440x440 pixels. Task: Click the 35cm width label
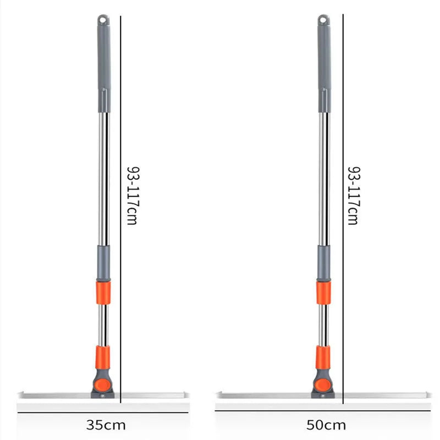(106, 425)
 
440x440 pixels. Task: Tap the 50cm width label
(326, 425)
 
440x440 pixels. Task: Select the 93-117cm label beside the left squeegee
(132, 195)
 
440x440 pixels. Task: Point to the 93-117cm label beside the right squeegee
(353, 195)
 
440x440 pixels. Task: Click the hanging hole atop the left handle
(102, 20)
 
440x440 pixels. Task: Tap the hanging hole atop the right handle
(323, 20)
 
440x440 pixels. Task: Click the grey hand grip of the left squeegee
(103, 66)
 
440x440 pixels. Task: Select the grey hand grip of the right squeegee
(324, 66)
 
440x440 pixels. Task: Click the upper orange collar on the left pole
(103, 292)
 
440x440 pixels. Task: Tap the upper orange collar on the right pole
(323, 292)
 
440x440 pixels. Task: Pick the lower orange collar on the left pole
(102, 358)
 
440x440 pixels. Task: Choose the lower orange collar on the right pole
(323, 358)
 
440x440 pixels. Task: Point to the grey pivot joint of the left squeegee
(102, 384)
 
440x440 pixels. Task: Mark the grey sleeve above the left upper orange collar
(103, 263)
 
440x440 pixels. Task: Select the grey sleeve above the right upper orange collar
(323, 263)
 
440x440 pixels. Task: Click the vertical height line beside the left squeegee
(120, 209)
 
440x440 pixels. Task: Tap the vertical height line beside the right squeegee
(343, 209)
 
